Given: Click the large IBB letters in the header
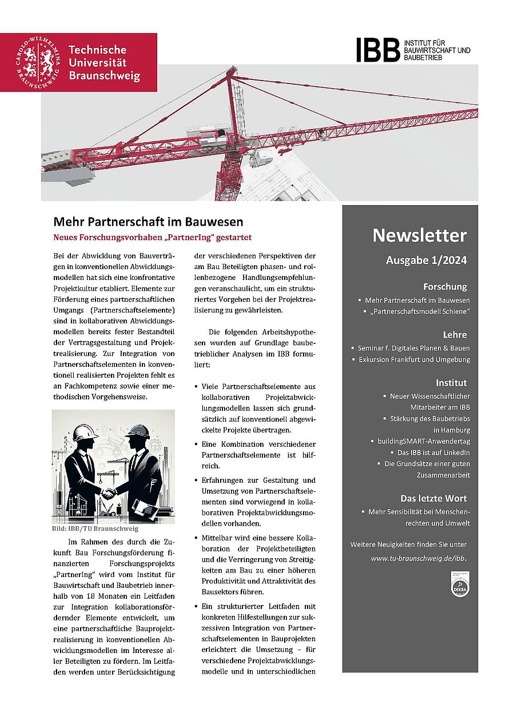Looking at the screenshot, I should click(x=378, y=50).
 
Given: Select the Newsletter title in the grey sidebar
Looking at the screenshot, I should click(x=419, y=235).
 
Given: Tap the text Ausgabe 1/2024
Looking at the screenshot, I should click(x=426, y=261).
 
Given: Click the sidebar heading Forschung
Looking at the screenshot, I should click(x=445, y=287).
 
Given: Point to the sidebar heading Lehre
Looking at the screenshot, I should click(x=455, y=335).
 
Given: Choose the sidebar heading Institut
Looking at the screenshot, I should click(x=451, y=383).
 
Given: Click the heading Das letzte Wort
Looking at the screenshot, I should click(x=433, y=498).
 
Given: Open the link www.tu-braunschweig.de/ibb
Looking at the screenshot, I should click(x=418, y=558).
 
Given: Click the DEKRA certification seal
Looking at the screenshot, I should click(x=459, y=587).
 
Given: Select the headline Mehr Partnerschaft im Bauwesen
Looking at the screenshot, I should click(x=148, y=222).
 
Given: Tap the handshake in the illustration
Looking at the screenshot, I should click(x=109, y=492).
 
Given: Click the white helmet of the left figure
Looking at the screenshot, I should click(x=86, y=432).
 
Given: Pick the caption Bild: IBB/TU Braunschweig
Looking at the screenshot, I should click(x=95, y=529).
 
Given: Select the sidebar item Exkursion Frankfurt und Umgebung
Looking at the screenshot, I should click(x=414, y=359).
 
